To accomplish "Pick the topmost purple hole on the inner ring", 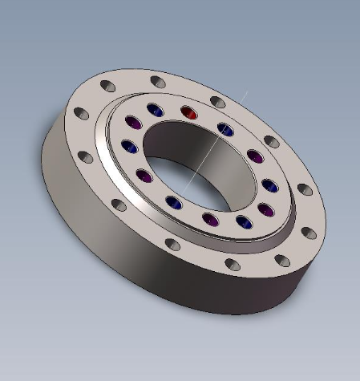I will pyautogui.click(x=134, y=124).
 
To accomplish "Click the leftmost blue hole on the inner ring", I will pyautogui.click(x=128, y=148).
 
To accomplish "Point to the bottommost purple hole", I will pyautogui.click(x=212, y=220).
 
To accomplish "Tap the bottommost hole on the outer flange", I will pyautogui.click(x=232, y=264).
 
